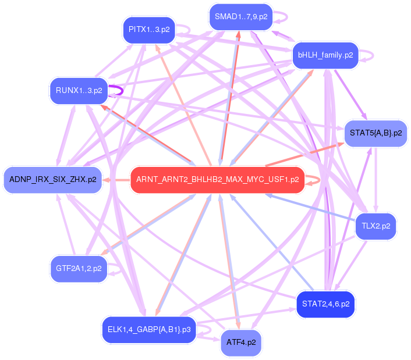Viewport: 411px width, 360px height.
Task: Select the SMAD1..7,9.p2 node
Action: (x=241, y=16)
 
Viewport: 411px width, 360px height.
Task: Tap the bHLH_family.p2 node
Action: (x=325, y=55)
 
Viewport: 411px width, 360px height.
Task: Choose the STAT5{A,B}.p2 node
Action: (x=376, y=133)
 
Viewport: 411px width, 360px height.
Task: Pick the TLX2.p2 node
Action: (x=375, y=226)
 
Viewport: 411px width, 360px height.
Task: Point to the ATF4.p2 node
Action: (x=241, y=342)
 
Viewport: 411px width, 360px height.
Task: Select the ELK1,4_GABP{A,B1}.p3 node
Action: (x=149, y=329)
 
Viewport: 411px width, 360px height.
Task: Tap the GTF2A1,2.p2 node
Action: (x=79, y=269)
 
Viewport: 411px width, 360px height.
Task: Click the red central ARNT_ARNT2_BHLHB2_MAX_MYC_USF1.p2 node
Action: (x=217, y=180)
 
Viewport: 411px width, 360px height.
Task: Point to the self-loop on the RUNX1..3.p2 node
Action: (x=116, y=91)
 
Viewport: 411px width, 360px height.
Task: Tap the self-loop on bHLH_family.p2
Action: (x=367, y=55)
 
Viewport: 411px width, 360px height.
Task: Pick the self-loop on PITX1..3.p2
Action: (x=185, y=29)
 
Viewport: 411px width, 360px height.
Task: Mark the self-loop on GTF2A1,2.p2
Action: (x=116, y=269)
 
